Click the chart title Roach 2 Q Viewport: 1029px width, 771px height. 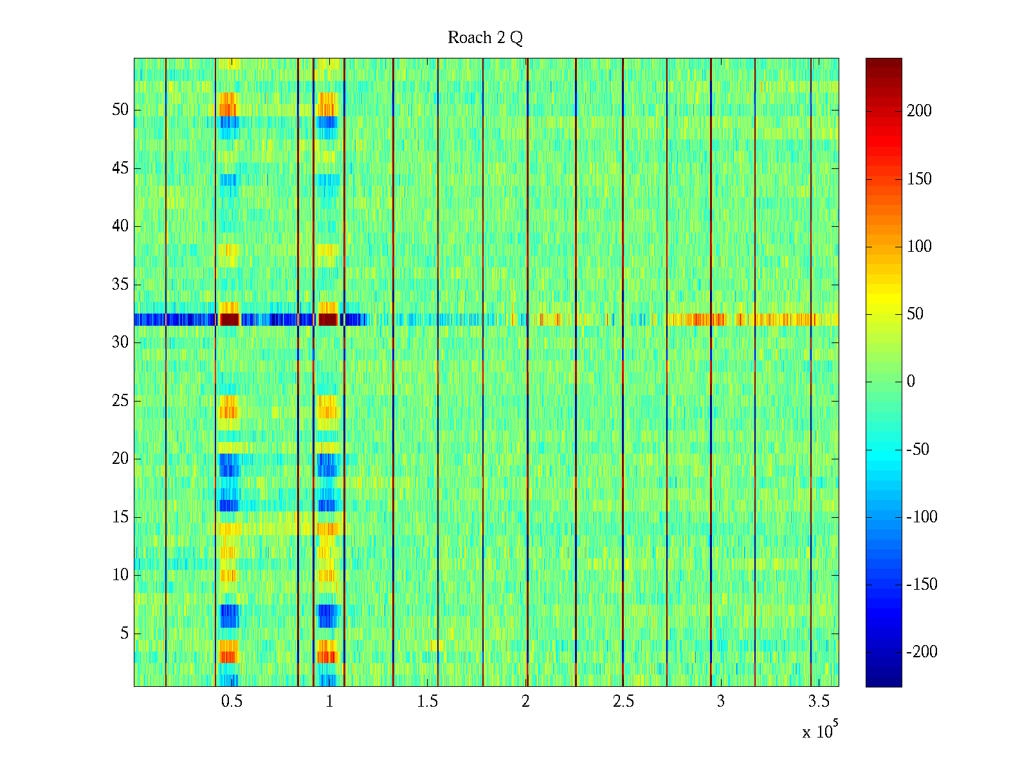(x=485, y=38)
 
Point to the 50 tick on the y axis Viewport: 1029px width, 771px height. (x=120, y=110)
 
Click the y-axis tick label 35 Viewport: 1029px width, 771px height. (x=120, y=285)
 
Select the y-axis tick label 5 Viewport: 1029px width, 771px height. (x=124, y=634)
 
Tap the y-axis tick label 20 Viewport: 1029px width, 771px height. (x=120, y=459)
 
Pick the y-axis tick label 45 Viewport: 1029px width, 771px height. (x=120, y=168)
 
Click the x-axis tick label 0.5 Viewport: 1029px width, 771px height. (x=232, y=702)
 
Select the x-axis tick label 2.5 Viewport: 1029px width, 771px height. (x=623, y=702)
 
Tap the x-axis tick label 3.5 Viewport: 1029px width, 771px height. (x=819, y=702)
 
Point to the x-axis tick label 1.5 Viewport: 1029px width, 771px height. (x=427, y=702)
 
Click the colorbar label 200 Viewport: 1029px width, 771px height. (x=919, y=111)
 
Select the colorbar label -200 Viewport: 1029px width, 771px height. (x=922, y=652)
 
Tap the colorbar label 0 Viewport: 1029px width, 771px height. (x=911, y=382)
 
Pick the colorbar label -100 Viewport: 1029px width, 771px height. (x=922, y=517)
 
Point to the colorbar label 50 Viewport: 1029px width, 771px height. (x=915, y=314)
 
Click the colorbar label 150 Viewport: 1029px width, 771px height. (x=919, y=179)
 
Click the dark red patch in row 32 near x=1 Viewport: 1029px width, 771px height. (x=328, y=319)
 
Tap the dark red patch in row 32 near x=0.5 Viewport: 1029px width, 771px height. (x=230, y=319)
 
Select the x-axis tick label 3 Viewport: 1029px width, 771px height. (x=721, y=702)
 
